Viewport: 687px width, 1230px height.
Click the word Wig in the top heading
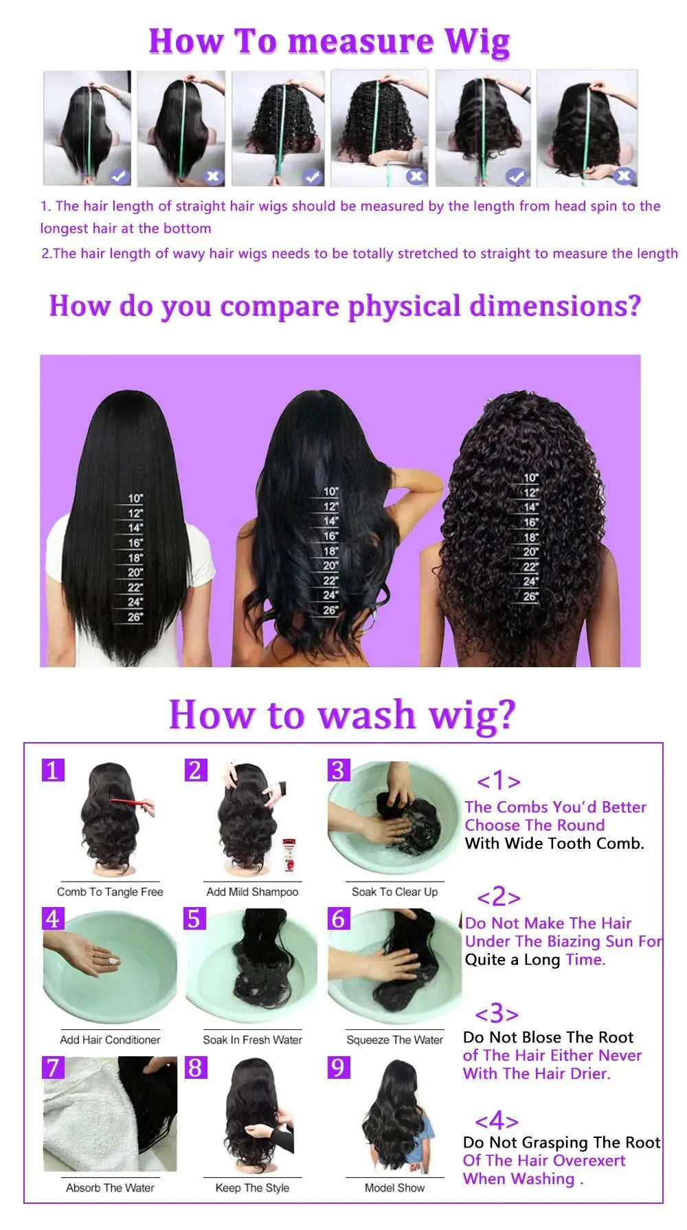tap(477, 43)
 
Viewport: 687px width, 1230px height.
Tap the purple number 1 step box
tap(53, 770)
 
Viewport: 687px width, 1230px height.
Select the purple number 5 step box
tap(195, 919)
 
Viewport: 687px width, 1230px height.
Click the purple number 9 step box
tap(338, 1067)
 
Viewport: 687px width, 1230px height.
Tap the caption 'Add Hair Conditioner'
tap(110, 1040)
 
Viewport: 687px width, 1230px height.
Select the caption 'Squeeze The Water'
tap(394, 1040)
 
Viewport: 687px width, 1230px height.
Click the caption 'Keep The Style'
tap(252, 1187)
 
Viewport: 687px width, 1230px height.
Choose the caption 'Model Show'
tap(394, 1187)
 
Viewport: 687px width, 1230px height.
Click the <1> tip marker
tap(499, 781)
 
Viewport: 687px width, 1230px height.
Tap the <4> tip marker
tap(497, 1121)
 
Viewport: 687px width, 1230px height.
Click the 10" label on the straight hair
tap(135, 499)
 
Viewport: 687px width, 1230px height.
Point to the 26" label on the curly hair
tap(530, 596)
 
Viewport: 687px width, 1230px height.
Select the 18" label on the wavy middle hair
tap(330, 551)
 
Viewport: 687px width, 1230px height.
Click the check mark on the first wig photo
tap(119, 177)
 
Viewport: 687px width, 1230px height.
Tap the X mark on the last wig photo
tap(623, 177)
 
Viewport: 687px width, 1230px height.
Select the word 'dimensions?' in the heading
tap(555, 306)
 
